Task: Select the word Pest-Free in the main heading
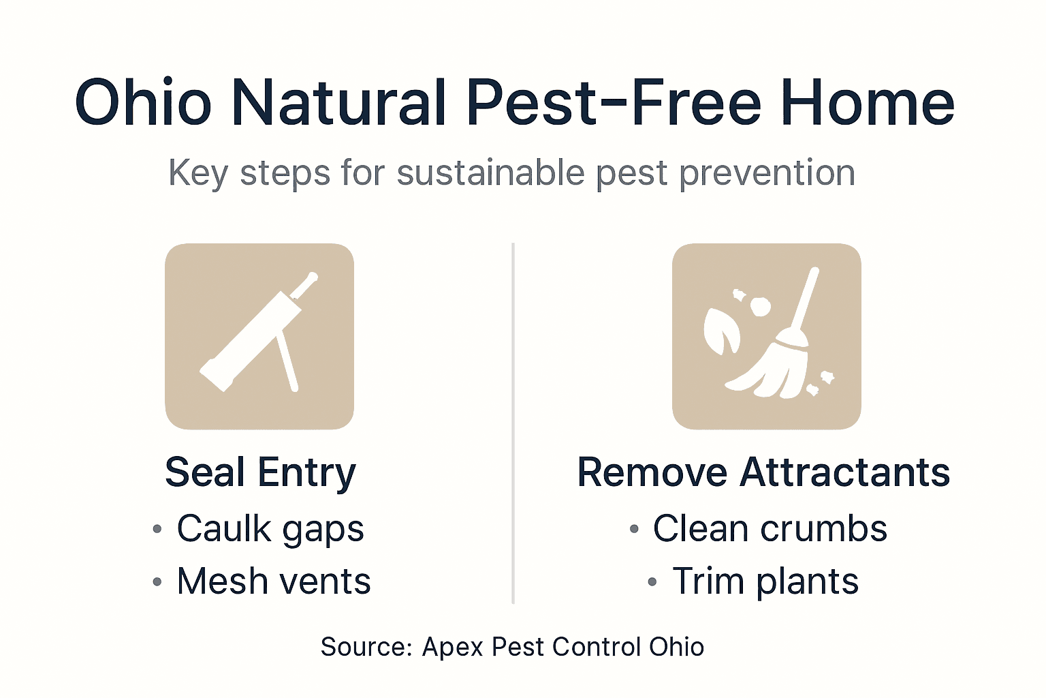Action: point(613,103)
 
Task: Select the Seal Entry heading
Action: point(260,472)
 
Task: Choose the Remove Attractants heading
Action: point(763,472)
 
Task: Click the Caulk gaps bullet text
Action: point(270,528)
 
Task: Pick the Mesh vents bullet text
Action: point(274,581)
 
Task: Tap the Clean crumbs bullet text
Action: point(770,528)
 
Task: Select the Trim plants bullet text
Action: point(765,581)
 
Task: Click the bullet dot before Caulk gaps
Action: point(157,529)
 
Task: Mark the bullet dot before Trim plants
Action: point(652,582)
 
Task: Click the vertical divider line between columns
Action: point(513,423)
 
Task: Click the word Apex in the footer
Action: point(453,647)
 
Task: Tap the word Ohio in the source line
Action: point(676,647)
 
